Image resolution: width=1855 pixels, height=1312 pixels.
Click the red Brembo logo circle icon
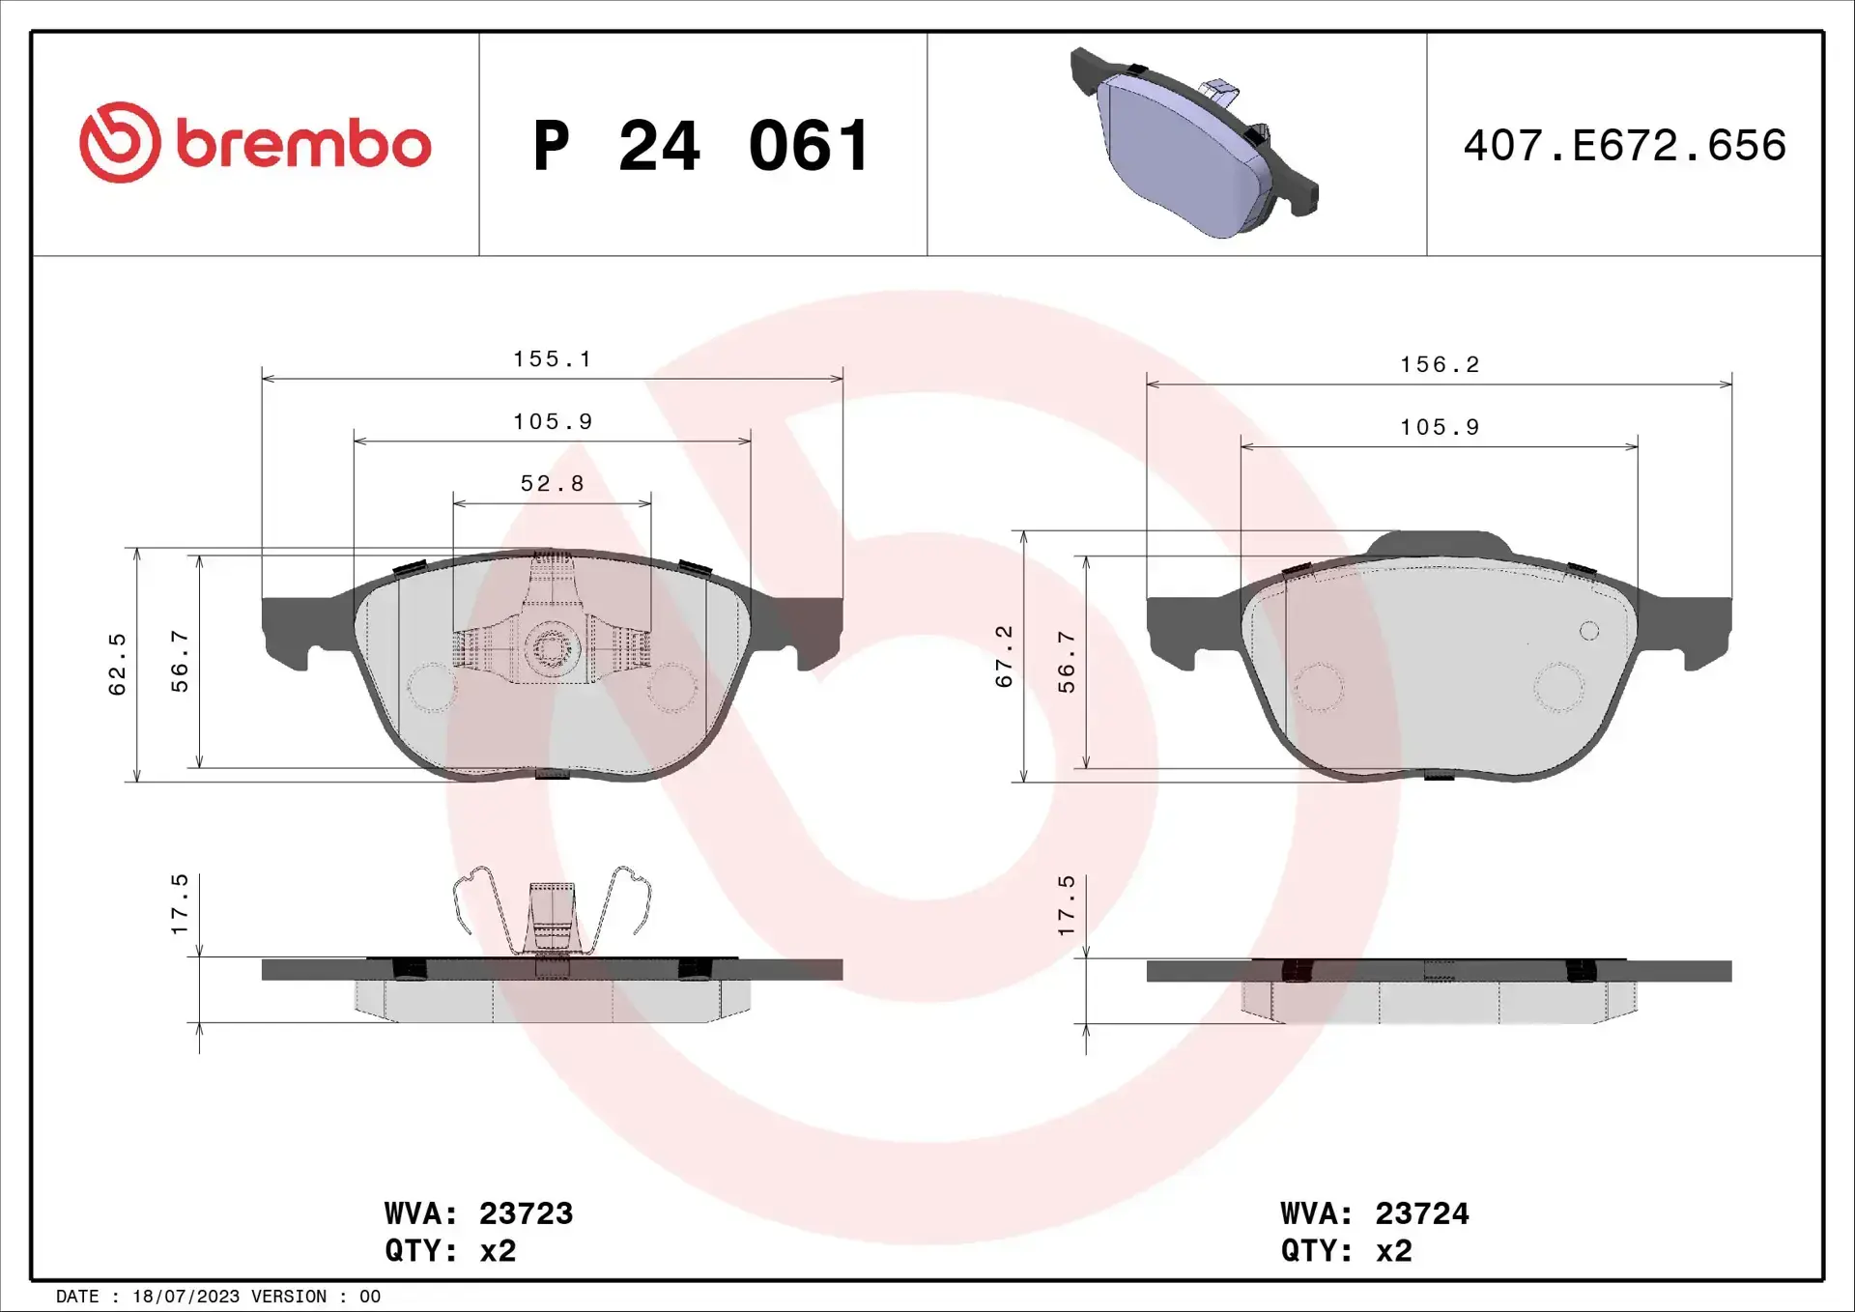pyautogui.click(x=120, y=143)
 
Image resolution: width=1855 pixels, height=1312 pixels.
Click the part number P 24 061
pyautogui.click(x=702, y=146)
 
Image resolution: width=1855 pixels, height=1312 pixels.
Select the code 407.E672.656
pyautogui.click(x=1624, y=146)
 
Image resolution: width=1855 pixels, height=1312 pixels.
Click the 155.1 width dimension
pyautogui.click(x=552, y=359)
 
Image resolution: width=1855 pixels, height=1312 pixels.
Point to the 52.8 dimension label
pyautogui.click(x=552, y=483)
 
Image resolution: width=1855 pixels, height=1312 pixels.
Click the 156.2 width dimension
pyautogui.click(x=1440, y=365)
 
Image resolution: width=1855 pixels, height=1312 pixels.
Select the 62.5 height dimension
pyautogui.click(x=118, y=664)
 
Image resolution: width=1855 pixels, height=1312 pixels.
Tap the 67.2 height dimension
pyautogui.click(x=1005, y=656)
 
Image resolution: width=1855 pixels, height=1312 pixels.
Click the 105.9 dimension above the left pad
pyautogui.click(x=552, y=422)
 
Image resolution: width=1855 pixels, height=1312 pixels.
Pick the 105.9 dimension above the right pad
pyautogui.click(x=1440, y=427)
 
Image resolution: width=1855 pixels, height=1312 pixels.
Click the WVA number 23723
pyautogui.click(x=526, y=1213)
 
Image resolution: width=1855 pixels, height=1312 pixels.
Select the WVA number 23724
pyautogui.click(x=1421, y=1213)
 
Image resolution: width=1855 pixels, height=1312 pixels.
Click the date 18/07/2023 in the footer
pyautogui.click(x=185, y=1297)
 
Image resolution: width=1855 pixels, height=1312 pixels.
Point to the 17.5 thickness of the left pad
pyautogui.click(x=181, y=904)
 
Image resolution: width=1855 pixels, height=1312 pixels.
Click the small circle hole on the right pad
pyautogui.click(x=1589, y=631)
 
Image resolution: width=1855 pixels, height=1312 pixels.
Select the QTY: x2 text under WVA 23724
pyautogui.click(x=1346, y=1251)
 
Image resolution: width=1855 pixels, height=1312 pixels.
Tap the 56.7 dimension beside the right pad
pyautogui.click(x=1067, y=662)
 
